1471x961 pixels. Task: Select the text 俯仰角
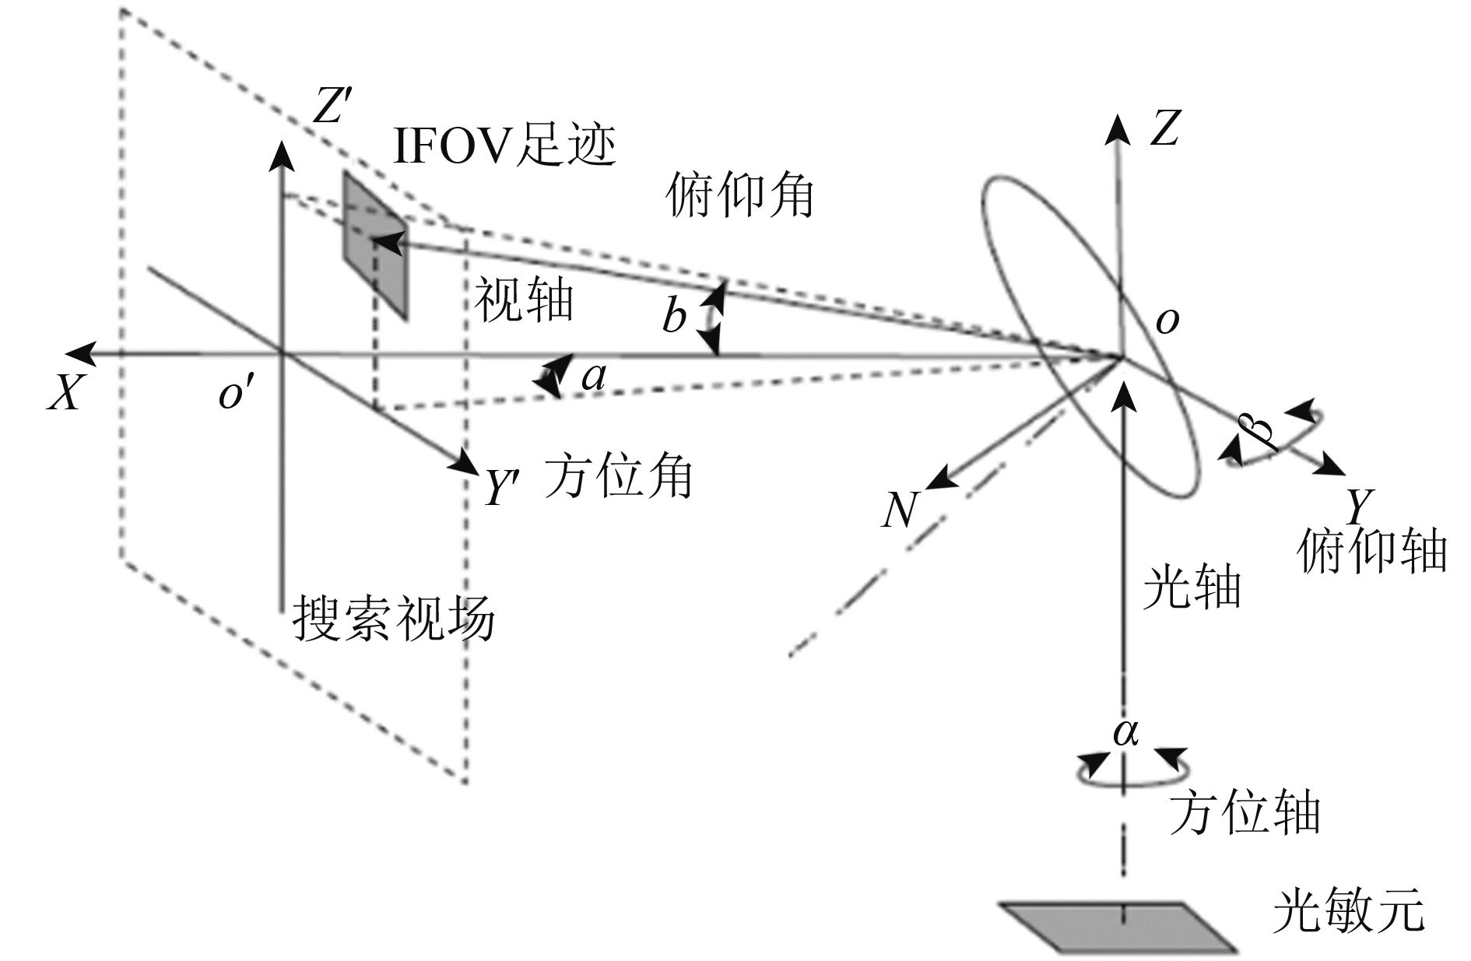pos(739,196)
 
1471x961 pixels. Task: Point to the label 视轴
pos(524,300)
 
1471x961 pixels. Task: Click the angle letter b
pos(674,316)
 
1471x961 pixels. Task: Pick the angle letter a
pos(594,377)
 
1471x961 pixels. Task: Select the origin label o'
pos(232,395)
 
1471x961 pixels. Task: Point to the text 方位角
pos(618,475)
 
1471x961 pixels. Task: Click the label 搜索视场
pos(393,619)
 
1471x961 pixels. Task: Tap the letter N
pos(900,510)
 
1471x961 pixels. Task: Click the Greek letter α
pos(1126,731)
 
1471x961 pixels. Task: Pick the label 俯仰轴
pos(1371,551)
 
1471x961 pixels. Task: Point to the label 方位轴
pos(1245,813)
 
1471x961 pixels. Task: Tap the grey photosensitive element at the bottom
pos(1119,926)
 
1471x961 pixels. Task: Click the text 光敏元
pos(1349,911)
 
